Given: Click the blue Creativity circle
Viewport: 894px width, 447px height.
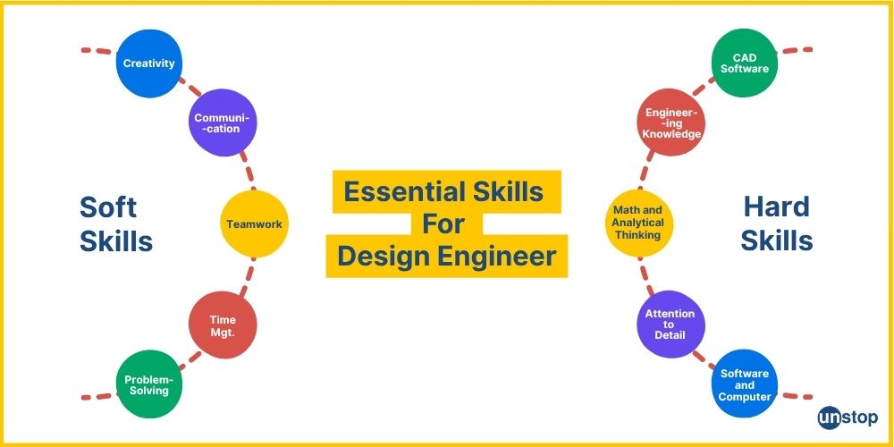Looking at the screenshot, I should point(149,63).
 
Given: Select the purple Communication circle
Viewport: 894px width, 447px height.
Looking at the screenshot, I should point(223,122).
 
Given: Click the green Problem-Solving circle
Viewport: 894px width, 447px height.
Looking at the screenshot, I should point(149,384).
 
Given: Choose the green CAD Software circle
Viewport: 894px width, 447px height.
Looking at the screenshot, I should point(745,63).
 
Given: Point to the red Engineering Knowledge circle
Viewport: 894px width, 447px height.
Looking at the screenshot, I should point(671,122).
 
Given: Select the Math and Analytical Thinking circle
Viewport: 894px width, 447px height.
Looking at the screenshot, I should point(638,223).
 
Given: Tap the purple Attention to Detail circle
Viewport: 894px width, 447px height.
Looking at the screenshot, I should point(671,324).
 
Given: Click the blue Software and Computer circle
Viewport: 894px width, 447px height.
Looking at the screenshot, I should point(745,384).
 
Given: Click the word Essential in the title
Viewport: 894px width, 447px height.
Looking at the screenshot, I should point(401,192).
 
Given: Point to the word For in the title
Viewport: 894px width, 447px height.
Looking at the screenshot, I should point(443,223).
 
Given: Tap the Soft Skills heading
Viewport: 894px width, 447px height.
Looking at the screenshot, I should point(115,223).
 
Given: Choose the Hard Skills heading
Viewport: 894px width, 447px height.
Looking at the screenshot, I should point(778,223).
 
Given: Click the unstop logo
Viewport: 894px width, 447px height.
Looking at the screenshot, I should point(847,417).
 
